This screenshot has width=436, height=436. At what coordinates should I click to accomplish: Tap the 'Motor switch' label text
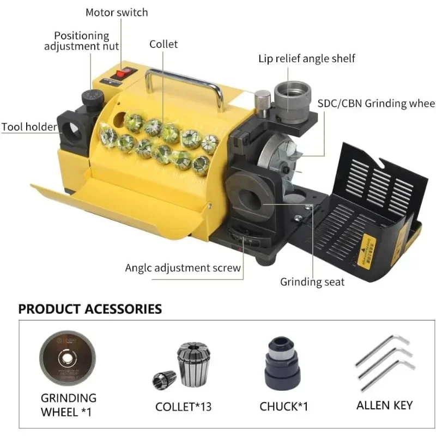click(117, 12)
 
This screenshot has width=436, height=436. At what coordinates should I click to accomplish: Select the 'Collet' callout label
click(163, 44)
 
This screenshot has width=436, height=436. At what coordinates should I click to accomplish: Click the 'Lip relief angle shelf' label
click(307, 58)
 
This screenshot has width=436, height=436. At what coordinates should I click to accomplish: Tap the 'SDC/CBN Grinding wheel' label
click(376, 104)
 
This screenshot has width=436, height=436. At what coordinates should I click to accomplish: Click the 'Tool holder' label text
click(28, 127)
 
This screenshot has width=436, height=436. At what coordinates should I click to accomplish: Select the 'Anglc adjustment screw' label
click(183, 268)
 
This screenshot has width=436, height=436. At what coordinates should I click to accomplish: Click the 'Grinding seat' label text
click(312, 282)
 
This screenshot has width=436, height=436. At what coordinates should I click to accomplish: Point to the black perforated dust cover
click(376, 191)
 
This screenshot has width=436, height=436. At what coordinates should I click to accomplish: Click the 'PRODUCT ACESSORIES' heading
click(90, 309)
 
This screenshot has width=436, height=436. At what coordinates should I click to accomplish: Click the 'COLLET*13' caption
click(184, 407)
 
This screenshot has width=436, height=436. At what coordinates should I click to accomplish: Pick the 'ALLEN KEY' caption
click(384, 405)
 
